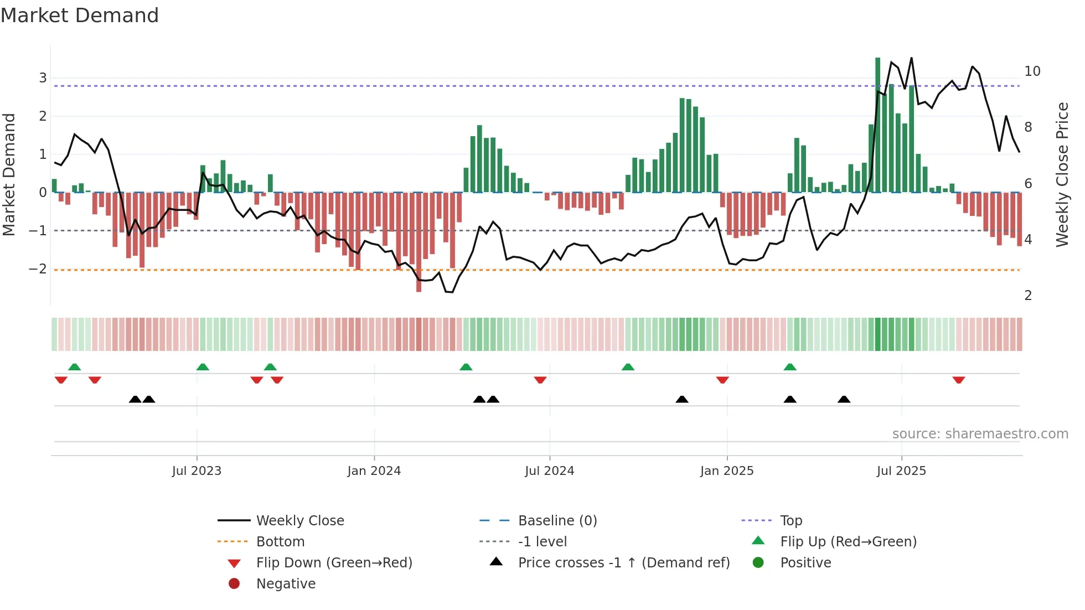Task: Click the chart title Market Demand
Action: tap(80, 15)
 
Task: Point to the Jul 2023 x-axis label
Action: tap(197, 471)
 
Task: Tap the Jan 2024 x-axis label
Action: tap(374, 471)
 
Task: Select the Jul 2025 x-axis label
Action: tap(901, 471)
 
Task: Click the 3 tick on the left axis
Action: tap(43, 78)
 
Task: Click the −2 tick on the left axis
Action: tap(38, 269)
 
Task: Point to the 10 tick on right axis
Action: tap(1032, 71)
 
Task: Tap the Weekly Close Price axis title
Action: tap(1062, 174)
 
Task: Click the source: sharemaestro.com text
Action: tap(980, 434)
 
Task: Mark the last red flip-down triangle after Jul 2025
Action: tap(959, 380)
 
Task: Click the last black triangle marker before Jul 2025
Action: tap(844, 399)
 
